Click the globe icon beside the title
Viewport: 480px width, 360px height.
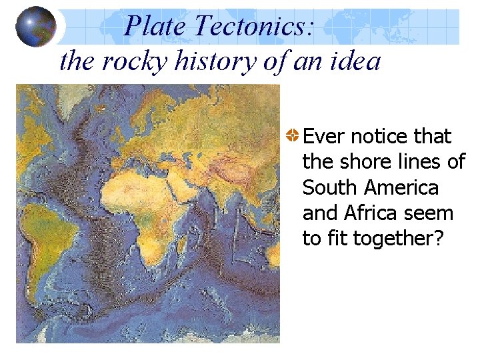tap(35, 26)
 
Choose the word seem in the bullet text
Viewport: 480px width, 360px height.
tap(432, 213)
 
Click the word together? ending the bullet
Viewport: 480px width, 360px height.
tap(398, 239)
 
